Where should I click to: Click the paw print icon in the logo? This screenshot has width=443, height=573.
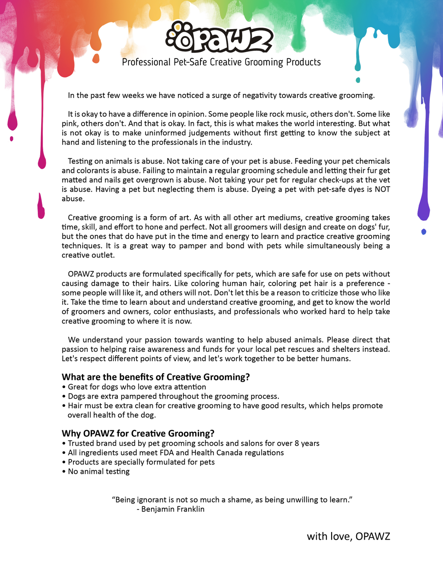pos(176,35)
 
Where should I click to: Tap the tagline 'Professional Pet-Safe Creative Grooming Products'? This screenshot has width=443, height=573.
pos(221,62)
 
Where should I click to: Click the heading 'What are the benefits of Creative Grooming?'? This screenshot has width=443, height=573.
pos(156,377)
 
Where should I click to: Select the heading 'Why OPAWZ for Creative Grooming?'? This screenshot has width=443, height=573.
pos(138,433)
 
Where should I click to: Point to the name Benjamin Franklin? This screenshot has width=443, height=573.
pos(173,509)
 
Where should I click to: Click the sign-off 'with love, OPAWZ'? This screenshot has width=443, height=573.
pos(348,536)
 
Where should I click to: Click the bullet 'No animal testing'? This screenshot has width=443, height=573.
pos(99,472)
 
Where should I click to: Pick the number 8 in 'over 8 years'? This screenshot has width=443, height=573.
pos(296,443)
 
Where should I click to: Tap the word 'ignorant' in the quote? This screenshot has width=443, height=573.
pos(151,500)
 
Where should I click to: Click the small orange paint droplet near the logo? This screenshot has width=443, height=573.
pos(96,58)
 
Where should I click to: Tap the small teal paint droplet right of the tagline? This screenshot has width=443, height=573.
pos(357,80)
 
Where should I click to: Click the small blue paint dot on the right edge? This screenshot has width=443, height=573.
pos(424,232)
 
